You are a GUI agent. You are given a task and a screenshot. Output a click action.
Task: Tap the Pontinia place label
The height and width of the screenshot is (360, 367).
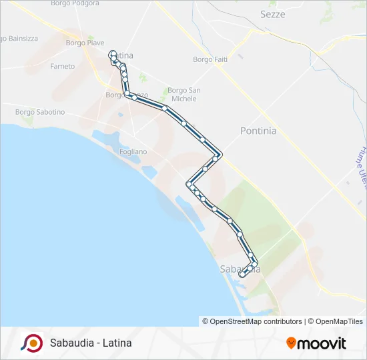258,131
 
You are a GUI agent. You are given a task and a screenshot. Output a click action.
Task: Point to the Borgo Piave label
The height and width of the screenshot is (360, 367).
85,43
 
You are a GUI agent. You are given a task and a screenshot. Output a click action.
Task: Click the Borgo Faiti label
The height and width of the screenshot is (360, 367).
211,59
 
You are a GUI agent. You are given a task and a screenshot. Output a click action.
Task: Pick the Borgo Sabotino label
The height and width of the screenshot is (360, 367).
40,112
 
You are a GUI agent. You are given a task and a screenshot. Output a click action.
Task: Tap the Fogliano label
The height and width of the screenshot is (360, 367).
133,152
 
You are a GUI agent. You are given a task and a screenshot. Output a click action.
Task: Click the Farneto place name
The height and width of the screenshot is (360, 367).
62,67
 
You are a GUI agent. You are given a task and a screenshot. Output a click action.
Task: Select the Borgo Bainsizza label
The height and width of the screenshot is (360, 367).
19,39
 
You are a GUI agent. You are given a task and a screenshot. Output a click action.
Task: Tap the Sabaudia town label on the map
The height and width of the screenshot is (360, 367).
240,269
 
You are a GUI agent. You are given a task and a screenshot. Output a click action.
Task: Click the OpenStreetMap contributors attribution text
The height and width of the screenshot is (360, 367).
256,321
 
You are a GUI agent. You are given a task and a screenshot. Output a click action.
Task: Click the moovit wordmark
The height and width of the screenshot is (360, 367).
322,343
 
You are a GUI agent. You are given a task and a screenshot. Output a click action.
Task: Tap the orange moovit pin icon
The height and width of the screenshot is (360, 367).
291,343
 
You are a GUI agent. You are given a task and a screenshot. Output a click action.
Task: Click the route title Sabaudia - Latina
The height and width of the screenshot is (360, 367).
91,343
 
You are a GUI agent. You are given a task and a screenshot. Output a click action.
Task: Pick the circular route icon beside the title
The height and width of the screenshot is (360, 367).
31,343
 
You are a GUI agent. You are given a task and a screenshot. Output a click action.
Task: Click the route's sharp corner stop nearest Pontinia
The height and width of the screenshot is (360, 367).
219,155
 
